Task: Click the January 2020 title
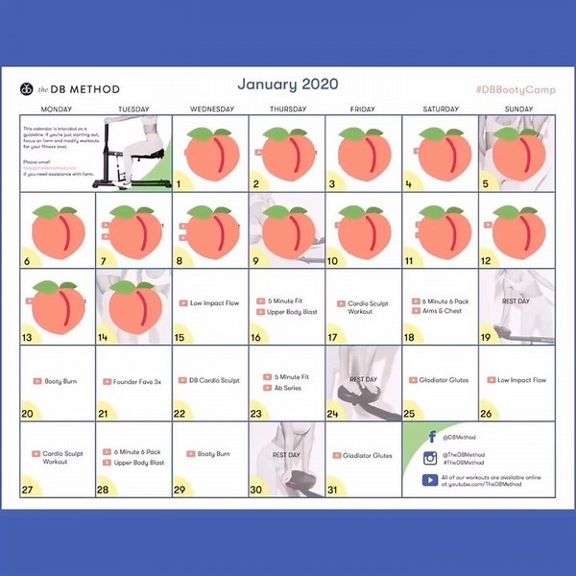tap(287, 84)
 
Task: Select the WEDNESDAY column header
tap(211, 109)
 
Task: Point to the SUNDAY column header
tap(518, 109)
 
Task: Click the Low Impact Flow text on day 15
tap(214, 302)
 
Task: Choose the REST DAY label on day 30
tap(287, 454)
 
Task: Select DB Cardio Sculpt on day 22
tap(214, 380)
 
